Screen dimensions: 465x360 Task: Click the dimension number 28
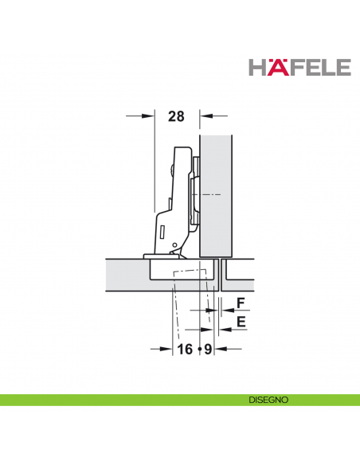(176, 116)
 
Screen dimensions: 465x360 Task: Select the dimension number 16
(185, 350)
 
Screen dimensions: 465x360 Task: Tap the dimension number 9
(207, 350)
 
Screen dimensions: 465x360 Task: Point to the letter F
(239, 303)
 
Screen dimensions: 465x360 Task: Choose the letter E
(239, 322)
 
